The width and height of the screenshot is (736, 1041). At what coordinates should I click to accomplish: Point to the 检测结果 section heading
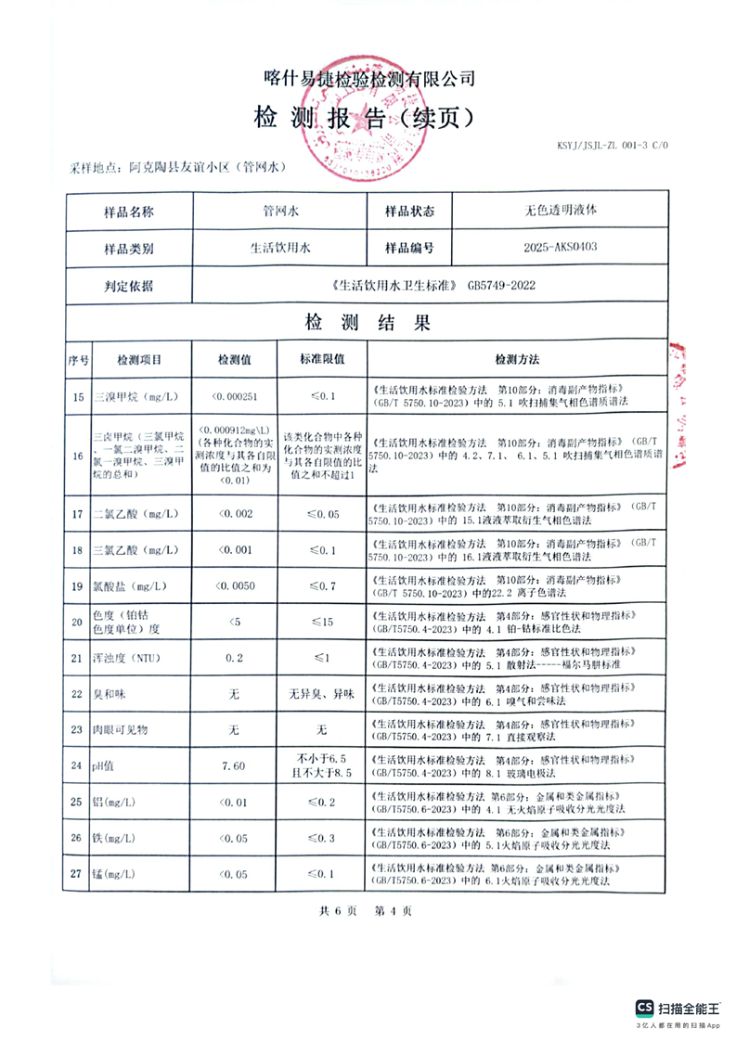click(368, 323)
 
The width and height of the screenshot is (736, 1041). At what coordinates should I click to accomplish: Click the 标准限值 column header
click(322, 359)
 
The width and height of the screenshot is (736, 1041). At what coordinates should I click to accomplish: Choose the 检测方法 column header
click(517, 359)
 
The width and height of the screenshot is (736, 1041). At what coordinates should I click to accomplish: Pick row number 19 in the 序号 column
click(78, 585)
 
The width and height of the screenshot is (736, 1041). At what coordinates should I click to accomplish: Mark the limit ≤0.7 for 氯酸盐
click(322, 585)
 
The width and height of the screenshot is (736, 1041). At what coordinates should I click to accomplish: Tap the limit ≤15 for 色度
click(322, 622)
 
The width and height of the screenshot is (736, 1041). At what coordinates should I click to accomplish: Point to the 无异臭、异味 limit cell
click(322, 694)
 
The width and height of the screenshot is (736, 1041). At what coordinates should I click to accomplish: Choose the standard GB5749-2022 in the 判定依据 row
click(501, 286)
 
